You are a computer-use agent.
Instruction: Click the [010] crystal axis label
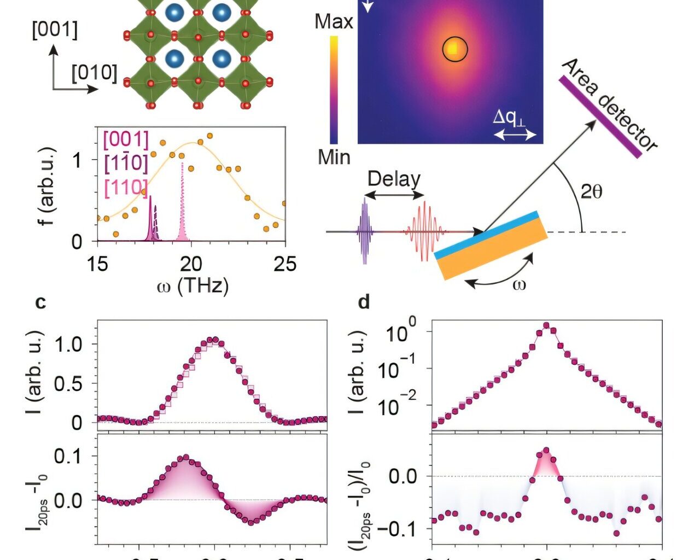[x=94, y=73]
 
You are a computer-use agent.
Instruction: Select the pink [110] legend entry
[x=126, y=188]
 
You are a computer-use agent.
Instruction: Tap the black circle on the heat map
[x=454, y=49]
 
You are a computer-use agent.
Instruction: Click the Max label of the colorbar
[x=334, y=22]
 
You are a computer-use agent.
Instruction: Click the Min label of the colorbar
[x=334, y=157]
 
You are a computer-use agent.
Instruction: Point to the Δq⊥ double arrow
[x=515, y=134]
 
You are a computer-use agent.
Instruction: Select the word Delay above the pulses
[x=394, y=179]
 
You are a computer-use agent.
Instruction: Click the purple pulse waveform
[x=364, y=231]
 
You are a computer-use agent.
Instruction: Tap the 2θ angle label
[x=591, y=191]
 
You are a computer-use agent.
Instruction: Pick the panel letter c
[x=40, y=302]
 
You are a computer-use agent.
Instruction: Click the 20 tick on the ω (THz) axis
[x=191, y=264]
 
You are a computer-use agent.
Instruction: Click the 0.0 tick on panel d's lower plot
[x=403, y=476]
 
